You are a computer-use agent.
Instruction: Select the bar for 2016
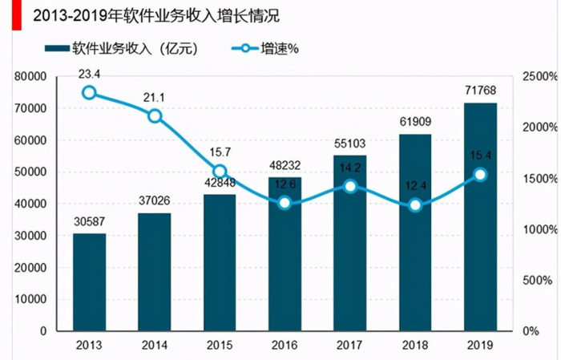click(x=285, y=265)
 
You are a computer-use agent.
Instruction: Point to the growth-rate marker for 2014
click(x=155, y=116)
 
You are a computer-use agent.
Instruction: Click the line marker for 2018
click(x=415, y=205)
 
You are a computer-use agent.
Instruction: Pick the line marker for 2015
click(x=220, y=172)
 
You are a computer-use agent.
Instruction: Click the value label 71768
click(x=480, y=88)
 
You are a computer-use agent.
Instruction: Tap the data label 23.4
click(x=89, y=73)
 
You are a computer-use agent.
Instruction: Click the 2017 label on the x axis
click(x=349, y=346)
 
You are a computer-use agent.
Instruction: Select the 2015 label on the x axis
click(x=220, y=346)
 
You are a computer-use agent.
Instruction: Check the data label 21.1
click(x=155, y=98)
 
